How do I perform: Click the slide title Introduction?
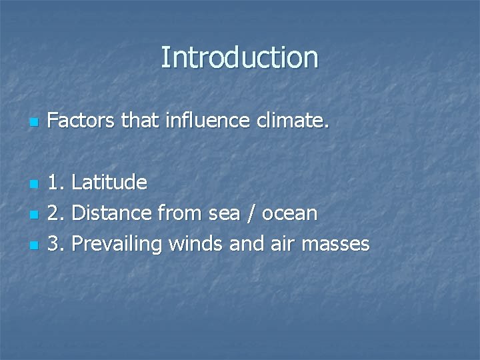239,57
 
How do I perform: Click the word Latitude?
109,182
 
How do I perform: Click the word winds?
196,244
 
